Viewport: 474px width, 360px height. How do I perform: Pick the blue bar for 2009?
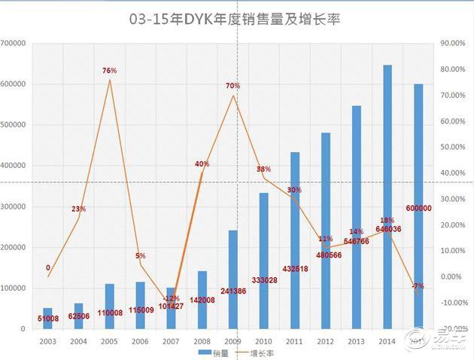233,279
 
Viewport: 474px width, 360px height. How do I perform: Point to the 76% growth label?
110,71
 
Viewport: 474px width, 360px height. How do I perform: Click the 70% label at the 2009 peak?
233,87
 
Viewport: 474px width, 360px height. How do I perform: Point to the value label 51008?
48,317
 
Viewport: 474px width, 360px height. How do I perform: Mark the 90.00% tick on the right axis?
454,44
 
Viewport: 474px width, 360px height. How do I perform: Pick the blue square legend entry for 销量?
203,352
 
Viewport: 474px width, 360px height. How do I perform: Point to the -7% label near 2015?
418,286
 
